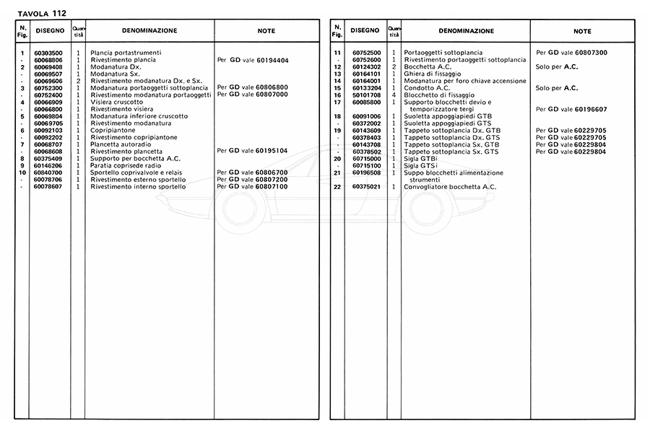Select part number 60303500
48,53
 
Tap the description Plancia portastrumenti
125,53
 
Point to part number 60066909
48,103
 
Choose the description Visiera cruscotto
117,103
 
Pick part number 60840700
48,173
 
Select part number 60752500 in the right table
367,53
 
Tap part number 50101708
367,95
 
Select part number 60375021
367,187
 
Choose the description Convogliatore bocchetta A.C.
449,187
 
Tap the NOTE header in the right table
582,32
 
